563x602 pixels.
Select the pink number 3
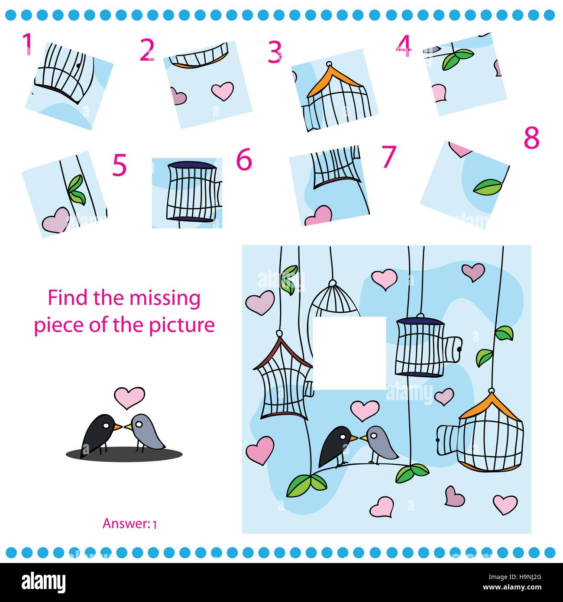(275, 52)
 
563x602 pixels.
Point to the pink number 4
(404, 46)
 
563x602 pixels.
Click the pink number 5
(119, 165)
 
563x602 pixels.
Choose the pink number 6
(244, 159)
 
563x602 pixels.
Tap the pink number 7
(389, 156)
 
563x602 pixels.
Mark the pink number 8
(532, 137)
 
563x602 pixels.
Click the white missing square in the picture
(349, 353)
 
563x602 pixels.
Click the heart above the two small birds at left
(129, 398)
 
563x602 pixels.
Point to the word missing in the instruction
(165, 298)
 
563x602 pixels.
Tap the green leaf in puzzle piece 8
(487, 187)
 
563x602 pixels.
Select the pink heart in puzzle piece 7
(318, 216)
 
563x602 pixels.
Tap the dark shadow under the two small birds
(124, 454)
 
